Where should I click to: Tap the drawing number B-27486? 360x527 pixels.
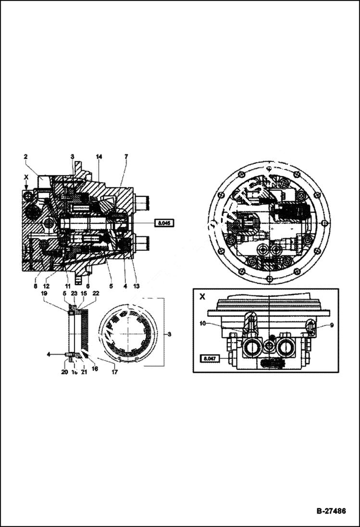[x=331, y=511]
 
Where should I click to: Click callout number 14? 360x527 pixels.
[x=99, y=157]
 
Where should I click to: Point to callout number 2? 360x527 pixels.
[x=25, y=157]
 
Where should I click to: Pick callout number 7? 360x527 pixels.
[x=126, y=157]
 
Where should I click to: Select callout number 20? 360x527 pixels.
[x=64, y=371]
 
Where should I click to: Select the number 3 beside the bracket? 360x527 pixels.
[x=169, y=333]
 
